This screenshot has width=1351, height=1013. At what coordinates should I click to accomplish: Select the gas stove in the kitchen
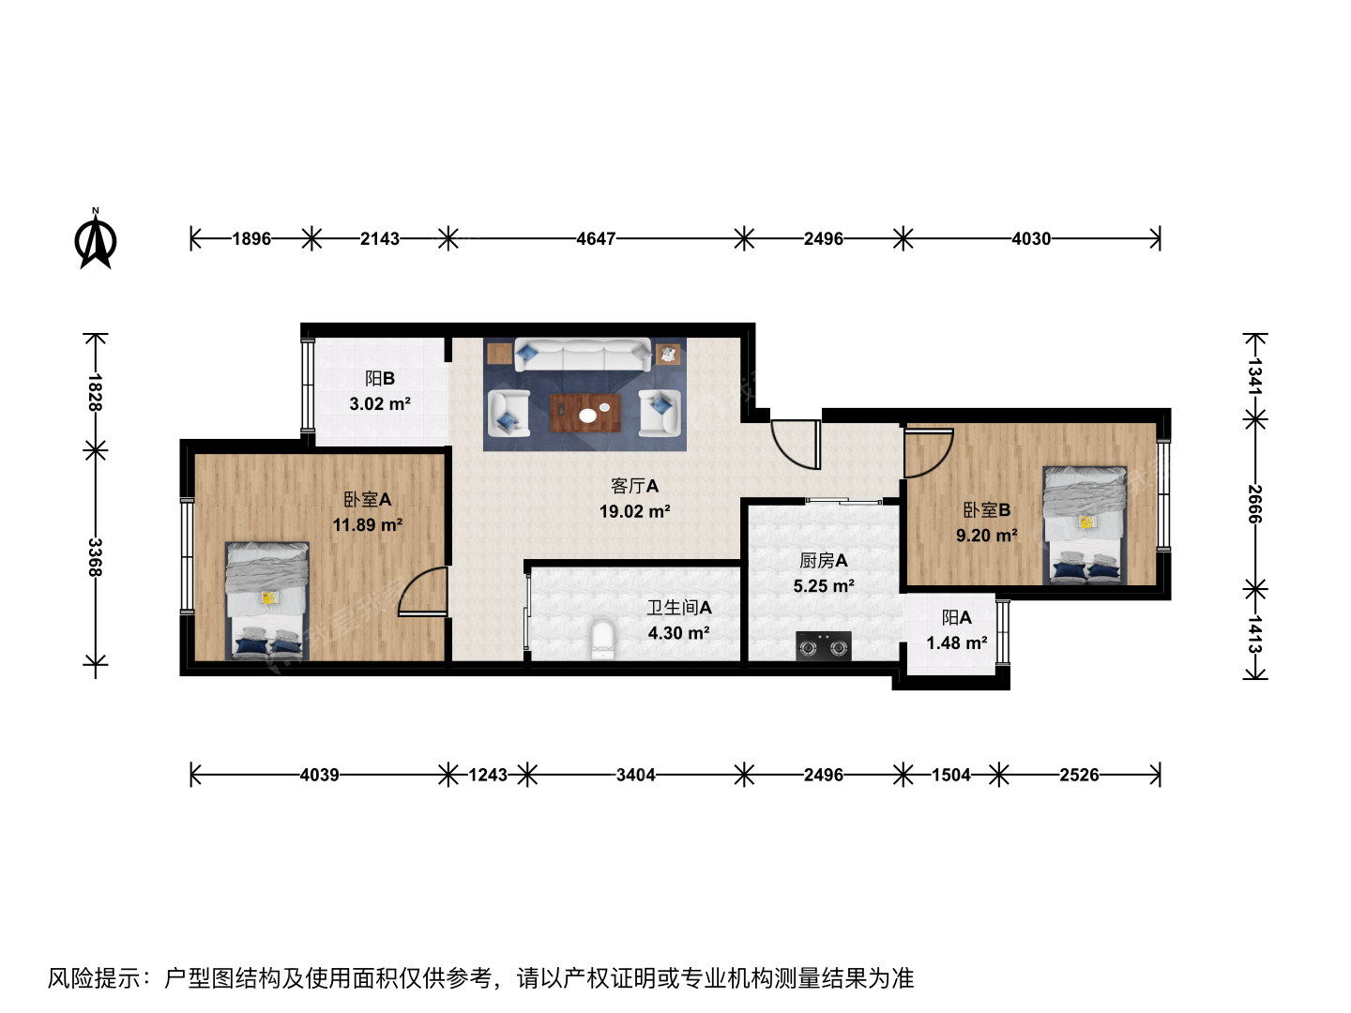pos(824,646)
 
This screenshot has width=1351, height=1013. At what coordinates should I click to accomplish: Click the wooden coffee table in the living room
pos(584,414)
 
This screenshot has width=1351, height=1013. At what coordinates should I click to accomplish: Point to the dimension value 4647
pos(596,238)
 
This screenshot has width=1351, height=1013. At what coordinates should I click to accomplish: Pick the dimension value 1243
pos(488,775)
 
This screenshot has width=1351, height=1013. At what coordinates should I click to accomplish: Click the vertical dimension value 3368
pos(95,557)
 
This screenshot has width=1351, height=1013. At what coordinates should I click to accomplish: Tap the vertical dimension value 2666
pos(1255,505)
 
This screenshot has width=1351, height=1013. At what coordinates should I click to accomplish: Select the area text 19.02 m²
pos(634,511)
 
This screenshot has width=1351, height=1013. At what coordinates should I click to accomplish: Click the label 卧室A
pos(368,499)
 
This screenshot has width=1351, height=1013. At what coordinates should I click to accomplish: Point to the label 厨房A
pos(824,560)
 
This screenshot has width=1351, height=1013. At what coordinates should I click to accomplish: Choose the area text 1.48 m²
pos(957,643)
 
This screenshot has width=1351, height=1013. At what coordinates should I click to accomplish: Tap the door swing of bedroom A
pos(423,591)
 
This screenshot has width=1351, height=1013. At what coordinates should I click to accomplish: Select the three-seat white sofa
pos(583,355)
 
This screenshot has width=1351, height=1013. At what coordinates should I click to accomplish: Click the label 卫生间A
pos(679,608)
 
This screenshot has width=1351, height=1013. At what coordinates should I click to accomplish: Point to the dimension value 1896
pos(251,238)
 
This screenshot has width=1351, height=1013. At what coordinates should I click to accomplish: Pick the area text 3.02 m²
pos(380,404)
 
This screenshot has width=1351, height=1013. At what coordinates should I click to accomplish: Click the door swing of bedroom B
pos(929,453)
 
